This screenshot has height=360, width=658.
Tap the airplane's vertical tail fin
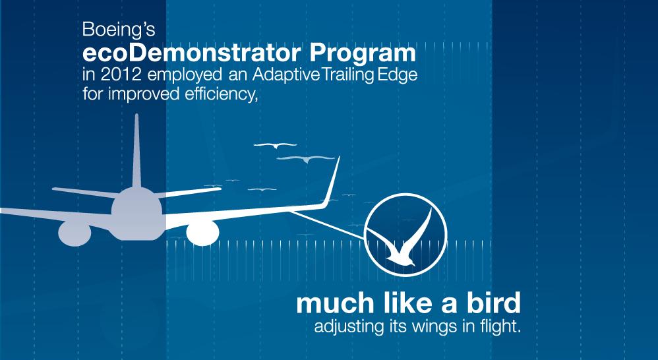pos(136,151)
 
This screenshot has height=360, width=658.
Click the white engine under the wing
pos(202,233)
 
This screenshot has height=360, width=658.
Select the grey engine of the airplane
pos(75,233)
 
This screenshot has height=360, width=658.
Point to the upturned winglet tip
pos(333,181)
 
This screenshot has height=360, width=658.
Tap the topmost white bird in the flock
pos(276,145)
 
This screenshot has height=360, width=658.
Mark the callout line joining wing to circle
pos(327,225)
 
